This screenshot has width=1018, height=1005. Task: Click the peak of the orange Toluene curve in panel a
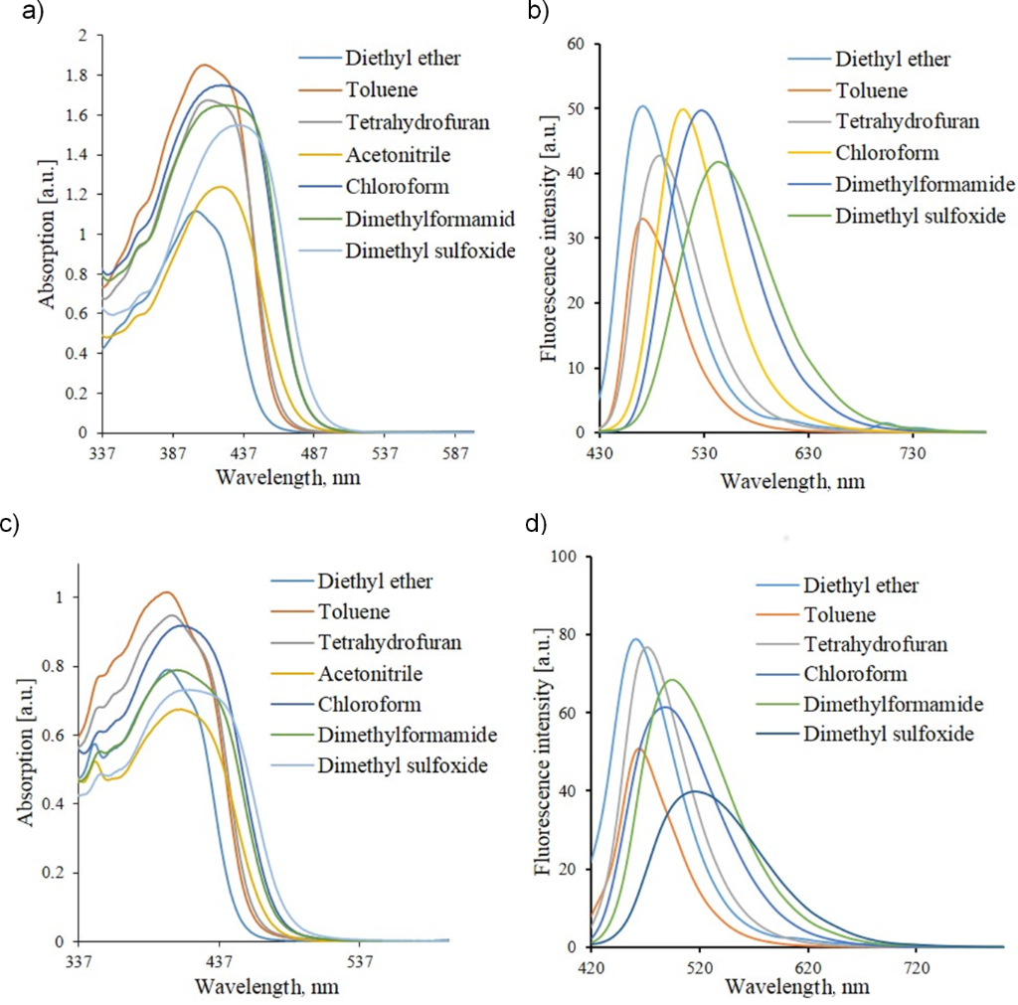(x=204, y=66)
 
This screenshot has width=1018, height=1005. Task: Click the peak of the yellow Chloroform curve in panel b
(x=683, y=109)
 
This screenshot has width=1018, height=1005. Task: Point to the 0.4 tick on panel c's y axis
(x=61, y=804)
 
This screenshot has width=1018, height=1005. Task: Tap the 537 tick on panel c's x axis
(x=361, y=962)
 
